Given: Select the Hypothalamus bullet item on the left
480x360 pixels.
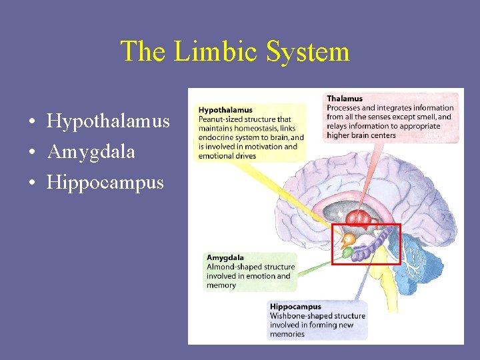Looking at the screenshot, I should pyautogui.click(x=108, y=121).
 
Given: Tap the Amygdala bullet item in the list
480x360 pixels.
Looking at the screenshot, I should pyautogui.click(x=91, y=152).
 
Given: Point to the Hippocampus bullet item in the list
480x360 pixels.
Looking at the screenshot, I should pyautogui.click(x=105, y=183).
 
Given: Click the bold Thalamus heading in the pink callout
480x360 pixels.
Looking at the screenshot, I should pyautogui.click(x=345, y=99).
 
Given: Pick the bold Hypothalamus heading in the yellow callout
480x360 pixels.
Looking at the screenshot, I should pyautogui.click(x=225, y=110).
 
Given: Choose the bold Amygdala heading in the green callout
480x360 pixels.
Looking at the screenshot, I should pyautogui.click(x=225, y=257).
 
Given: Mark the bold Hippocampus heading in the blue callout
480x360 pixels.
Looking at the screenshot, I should pyautogui.click(x=295, y=307).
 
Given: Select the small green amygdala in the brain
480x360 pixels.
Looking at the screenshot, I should pyautogui.click(x=347, y=253).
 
